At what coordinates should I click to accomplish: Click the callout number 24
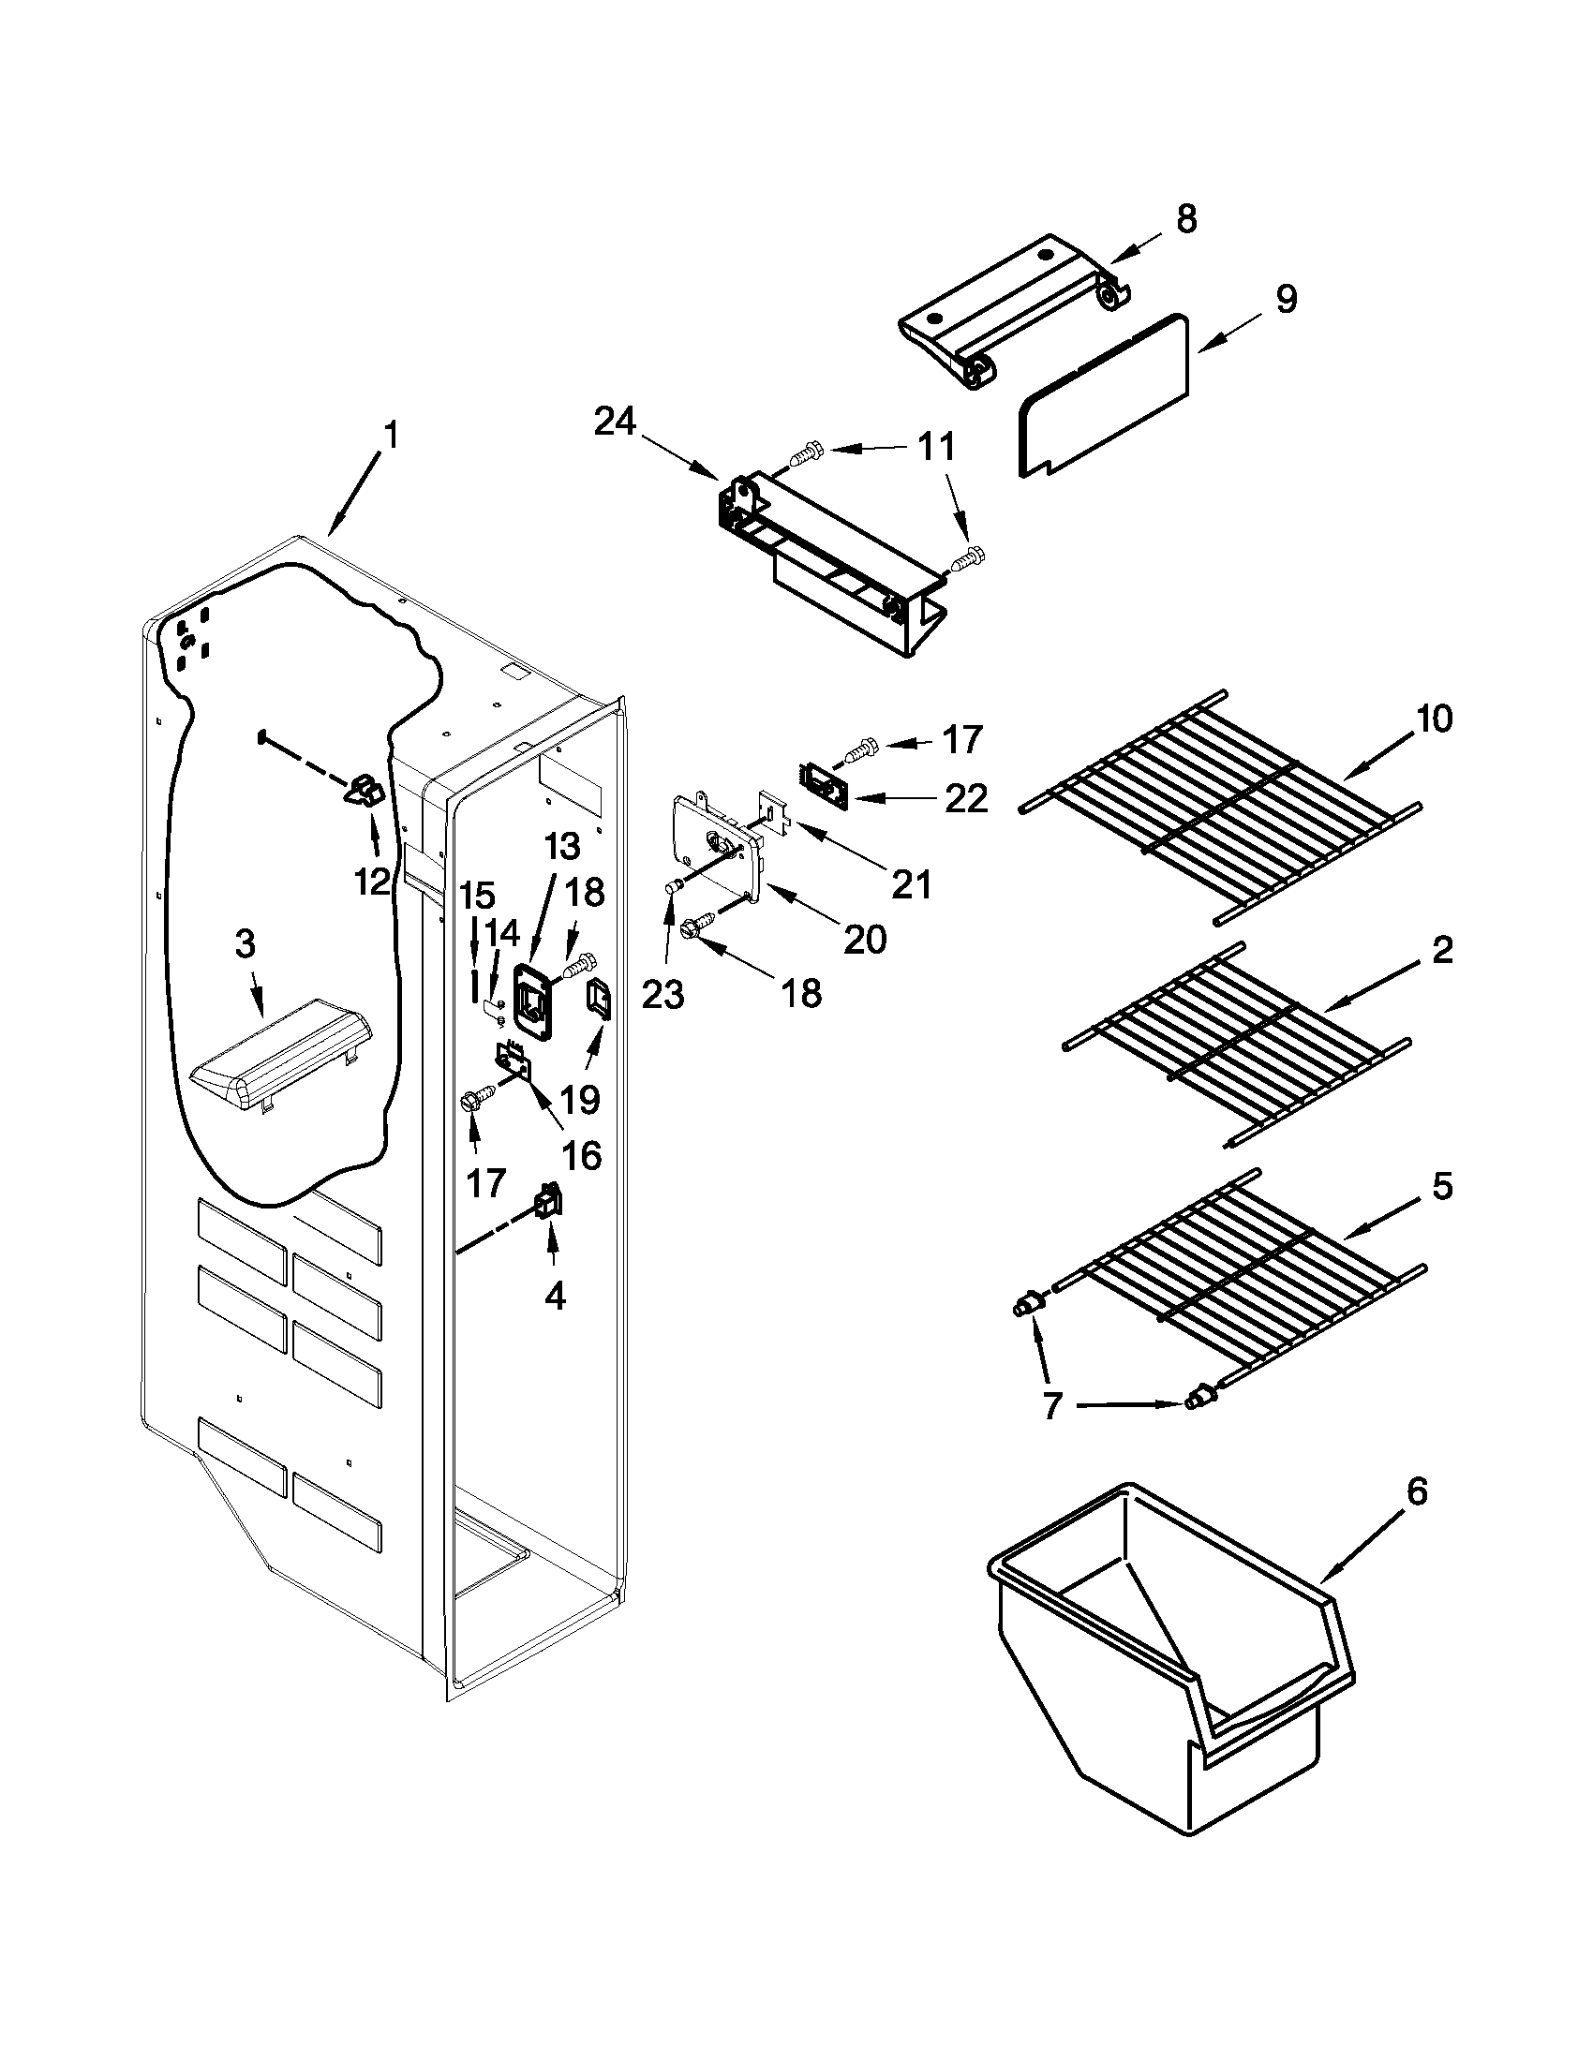pos(616,423)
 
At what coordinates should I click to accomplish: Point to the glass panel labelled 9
pos(1104,396)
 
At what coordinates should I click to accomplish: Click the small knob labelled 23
pos(674,886)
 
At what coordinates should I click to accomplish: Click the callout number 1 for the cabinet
pos(391,436)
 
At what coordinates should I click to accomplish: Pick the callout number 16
pos(582,1155)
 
